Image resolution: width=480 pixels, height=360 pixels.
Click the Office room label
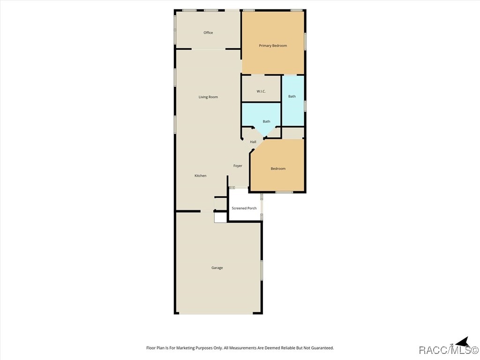point(208,33)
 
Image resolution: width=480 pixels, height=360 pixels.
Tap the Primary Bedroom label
point(273,45)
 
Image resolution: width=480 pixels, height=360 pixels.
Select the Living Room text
point(208,97)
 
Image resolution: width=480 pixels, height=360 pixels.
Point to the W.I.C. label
point(261,91)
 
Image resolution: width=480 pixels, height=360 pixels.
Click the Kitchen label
point(201,176)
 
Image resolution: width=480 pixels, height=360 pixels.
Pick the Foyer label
point(238,165)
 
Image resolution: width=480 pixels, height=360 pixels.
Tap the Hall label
point(253,142)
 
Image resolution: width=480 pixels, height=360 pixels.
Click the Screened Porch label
point(244,208)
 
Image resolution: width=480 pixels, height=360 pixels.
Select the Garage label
point(217,268)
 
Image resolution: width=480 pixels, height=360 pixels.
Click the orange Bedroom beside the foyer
point(278,169)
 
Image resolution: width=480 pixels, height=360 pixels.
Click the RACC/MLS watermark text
point(449,350)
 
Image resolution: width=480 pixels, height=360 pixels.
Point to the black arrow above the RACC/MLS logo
point(463,342)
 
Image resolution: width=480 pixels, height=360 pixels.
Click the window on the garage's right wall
point(262,270)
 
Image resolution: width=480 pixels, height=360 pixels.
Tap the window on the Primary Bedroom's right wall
point(305,41)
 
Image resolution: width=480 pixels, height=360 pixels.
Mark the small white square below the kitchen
point(220,217)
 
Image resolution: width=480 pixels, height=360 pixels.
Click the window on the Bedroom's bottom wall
point(284,192)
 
